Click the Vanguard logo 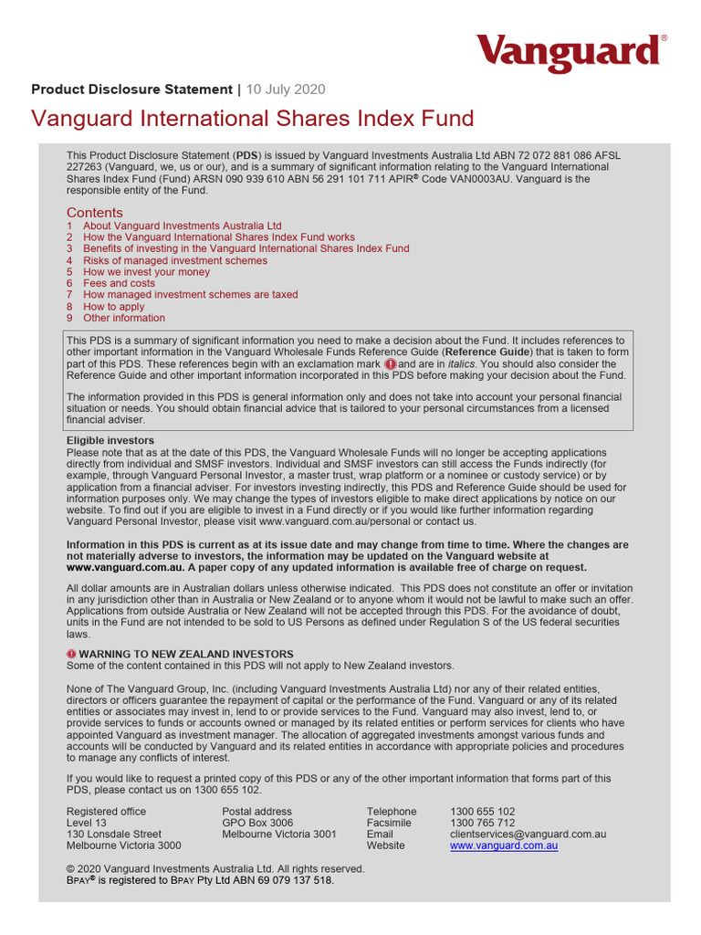pyautogui.click(x=570, y=54)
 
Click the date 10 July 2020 pyautogui.click(x=286, y=89)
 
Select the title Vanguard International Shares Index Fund pyautogui.click(x=253, y=119)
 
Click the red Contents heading pyautogui.click(x=94, y=213)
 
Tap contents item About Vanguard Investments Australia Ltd pyautogui.click(x=182, y=226)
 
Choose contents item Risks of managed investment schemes pyautogui.click(x=175, y=260)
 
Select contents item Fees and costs pyautogui.click(x=119, y=283)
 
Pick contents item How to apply pyautogui.click(x=113, y=307)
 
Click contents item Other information pyautogui.click(x=124, y=319)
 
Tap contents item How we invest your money pyautogui.click(x=146, y=272)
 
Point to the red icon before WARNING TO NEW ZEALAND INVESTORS pyautogui.click(x=72, y=655)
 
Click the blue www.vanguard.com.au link pyautogui.click(x=504, y=846)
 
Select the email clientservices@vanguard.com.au pyautogui.click(x=528, y=835)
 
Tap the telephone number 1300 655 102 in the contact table pyautogui.click(x=482, y=811)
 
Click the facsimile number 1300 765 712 pyautogui.click(x=482, y=823)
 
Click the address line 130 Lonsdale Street pyautogui.click(x=114, y=835)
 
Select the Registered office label pyautogui.click(x=106, y=811)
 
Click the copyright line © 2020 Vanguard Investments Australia pyautogui.click(x=215, y=869)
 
